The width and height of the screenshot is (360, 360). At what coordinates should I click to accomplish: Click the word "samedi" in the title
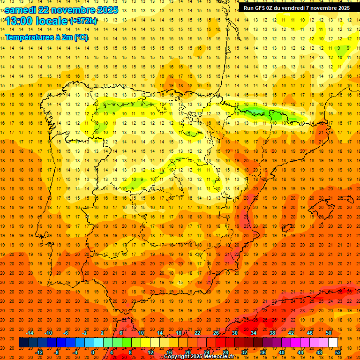coord(21,10)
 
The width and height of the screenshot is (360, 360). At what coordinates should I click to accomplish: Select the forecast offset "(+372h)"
coord(83,21)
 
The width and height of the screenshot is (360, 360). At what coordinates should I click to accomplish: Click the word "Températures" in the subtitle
coord(27,37)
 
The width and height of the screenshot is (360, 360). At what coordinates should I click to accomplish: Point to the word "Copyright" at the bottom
coord(177,357)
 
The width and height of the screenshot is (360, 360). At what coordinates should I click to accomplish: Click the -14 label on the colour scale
coord(30,333)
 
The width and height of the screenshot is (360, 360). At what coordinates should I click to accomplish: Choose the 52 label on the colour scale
coord(338,352)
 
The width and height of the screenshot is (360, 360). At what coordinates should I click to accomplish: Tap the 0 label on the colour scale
coord(93,352)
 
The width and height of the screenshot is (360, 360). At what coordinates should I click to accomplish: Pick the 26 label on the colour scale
coord(216,333)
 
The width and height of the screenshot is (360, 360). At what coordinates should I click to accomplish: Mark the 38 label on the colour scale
coord(272,333)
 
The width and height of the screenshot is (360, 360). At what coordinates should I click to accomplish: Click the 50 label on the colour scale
coord(328,333)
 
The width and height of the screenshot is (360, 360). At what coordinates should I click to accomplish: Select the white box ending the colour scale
coord(333,342)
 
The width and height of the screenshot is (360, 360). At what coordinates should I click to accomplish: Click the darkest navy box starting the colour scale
coord(23,342)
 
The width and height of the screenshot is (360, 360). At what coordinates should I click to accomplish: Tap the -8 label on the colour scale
coord(57,352)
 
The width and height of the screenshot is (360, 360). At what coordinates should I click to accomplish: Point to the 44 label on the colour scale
coord(300,352)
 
